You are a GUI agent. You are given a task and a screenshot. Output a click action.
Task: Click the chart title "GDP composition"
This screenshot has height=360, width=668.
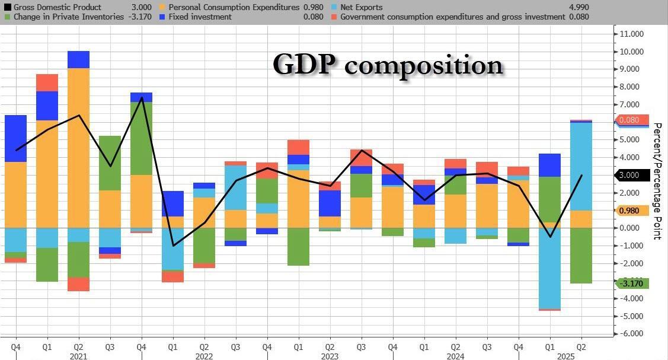(x=388, y=65)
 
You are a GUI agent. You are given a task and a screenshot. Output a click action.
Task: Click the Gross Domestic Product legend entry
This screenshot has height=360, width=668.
(x=59, y=8)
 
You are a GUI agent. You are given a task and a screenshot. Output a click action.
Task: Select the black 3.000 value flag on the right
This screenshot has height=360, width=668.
(x=632, y=175)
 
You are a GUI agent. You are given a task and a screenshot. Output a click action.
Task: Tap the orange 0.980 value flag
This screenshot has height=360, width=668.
(x=632, y=211)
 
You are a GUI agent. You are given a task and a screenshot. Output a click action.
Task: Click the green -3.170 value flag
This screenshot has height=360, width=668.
(x=632, y=283)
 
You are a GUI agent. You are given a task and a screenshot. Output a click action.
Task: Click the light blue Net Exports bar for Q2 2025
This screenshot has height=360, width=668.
(x=581, y=166)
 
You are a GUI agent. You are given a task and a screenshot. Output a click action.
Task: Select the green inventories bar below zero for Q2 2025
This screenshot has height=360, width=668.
(x=581, y=256)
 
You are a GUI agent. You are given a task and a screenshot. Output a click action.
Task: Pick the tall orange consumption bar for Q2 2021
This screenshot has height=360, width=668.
(x=78, y=148)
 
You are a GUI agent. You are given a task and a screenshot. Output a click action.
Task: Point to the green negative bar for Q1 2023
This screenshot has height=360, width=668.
(x=298, y=247)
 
